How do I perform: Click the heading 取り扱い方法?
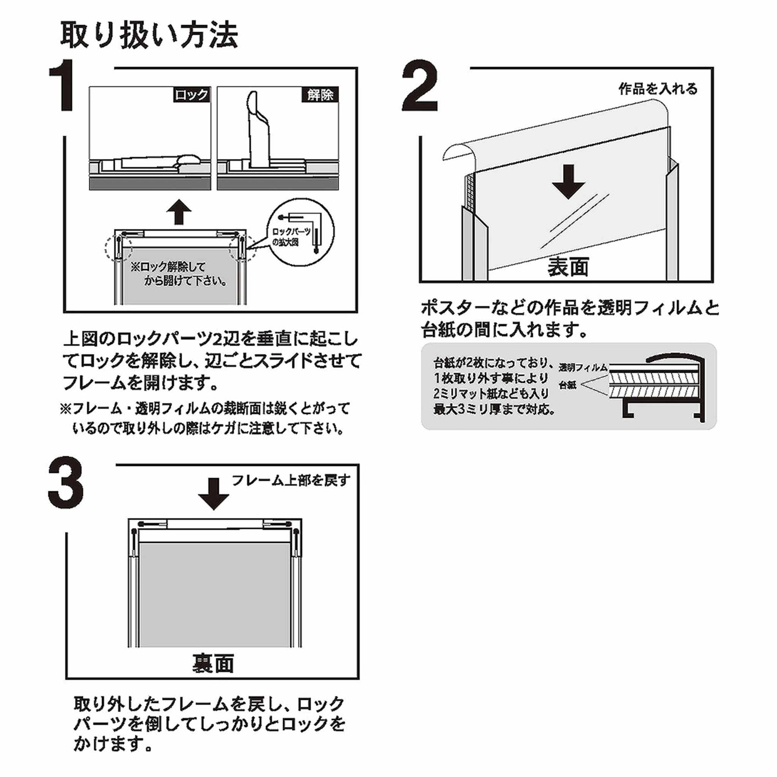click(149, 35)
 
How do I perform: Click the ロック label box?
click(192, 95)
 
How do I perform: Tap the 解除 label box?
click(320, 95)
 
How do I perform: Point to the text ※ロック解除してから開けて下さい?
click(177, 274)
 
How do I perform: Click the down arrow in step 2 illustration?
click(568, 183)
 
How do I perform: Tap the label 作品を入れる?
click(658, 89)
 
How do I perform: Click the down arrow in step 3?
click(214, 493)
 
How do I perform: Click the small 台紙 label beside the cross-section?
click(568, 385)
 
